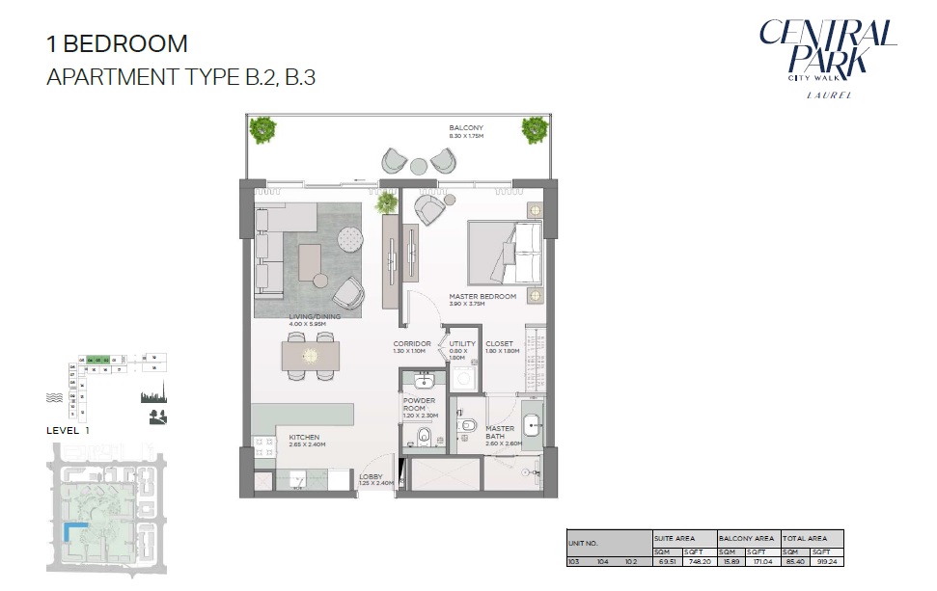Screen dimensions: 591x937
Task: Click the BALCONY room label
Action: tap(466, 128)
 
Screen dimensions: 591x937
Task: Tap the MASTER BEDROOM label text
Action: tap(482, 296)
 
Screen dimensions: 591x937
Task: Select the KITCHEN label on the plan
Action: tap(304, 438)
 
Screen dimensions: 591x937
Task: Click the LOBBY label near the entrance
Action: tap(372, 476)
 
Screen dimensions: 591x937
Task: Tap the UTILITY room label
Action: tap(462, 343)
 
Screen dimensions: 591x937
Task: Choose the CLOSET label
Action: tap(499, 343)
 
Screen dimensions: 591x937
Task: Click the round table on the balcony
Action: tap(418, 166)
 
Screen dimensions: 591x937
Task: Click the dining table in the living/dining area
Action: tap(311, 356)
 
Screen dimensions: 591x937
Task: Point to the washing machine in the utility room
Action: tap(462, 375)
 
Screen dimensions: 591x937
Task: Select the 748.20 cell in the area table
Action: tap(699, 560)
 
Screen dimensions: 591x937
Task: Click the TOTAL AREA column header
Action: tap(813, 538)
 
